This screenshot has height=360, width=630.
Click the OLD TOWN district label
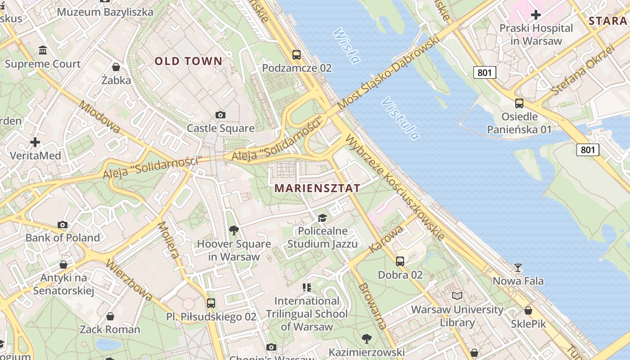[189, 61]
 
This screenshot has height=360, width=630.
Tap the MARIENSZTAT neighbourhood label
[317, 188]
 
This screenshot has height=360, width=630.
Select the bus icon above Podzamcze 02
[297, 55]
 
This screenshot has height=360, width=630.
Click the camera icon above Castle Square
[220, 115]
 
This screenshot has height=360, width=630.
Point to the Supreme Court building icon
[43, 50]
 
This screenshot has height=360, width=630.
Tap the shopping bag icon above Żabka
[116, 67]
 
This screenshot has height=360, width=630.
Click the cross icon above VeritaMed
[35, 142]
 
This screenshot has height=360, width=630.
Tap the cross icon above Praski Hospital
[536, 15]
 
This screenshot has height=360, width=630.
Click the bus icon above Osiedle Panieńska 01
[519, 103]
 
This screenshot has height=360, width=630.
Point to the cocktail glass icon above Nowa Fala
[518, 268]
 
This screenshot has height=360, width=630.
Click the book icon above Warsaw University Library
[457, 296]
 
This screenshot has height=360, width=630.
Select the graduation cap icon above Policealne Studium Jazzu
[322, 218]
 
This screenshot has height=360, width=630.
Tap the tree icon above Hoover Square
[234, 230]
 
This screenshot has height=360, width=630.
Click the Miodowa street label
[99, 117]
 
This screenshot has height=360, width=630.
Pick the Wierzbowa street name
[129, 280]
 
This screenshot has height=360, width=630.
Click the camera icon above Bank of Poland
[63, 225]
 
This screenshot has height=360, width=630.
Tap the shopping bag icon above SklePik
[528, 310]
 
